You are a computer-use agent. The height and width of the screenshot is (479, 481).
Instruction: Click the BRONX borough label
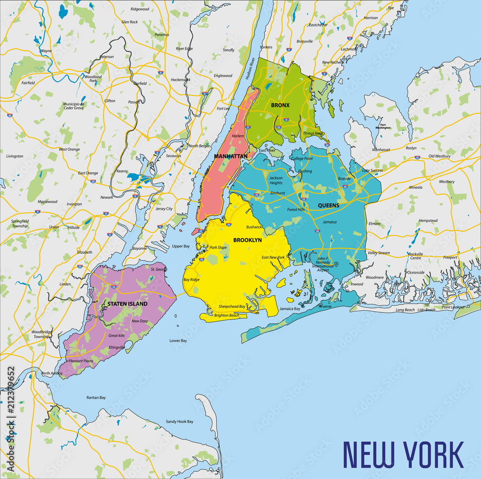280,105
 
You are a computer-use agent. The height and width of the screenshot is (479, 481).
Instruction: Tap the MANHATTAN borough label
231,156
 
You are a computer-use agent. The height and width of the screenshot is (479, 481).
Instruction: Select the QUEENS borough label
329,205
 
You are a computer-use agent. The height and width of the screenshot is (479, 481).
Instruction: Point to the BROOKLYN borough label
247,240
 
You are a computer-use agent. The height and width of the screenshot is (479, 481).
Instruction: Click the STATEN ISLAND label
127,304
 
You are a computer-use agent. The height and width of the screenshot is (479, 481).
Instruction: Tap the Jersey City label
164,209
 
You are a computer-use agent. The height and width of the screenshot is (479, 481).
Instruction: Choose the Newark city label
106,198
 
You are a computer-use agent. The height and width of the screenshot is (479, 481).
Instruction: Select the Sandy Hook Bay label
179,422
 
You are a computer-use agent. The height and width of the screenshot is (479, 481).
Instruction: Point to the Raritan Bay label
96,398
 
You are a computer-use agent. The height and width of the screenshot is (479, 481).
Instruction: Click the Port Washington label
383,126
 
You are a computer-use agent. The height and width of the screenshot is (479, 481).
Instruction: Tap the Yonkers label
266,47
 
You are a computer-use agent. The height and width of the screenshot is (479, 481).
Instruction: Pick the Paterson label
106,57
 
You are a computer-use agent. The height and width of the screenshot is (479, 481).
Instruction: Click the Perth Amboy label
51,373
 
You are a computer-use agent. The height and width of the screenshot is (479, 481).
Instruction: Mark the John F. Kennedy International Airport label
323,266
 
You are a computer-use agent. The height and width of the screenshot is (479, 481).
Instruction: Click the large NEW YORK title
403,454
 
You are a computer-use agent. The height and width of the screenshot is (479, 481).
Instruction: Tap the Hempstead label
428,221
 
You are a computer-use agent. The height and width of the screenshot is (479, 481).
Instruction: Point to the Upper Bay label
181,246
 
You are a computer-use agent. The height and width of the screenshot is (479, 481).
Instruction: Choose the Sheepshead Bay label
232,306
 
